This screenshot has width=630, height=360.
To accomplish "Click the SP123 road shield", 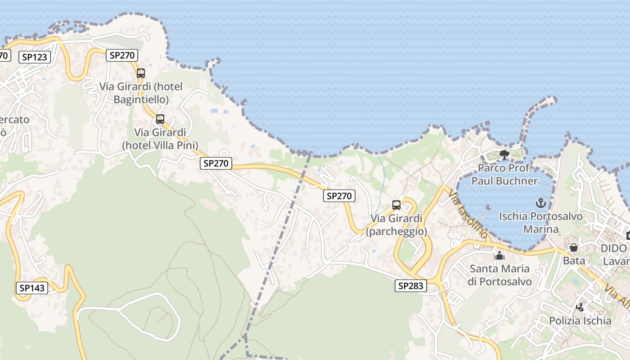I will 35,57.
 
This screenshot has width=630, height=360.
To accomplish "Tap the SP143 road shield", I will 32,288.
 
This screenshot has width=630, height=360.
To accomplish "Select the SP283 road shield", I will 411,286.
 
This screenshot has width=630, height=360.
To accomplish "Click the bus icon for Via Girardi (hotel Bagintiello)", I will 141,73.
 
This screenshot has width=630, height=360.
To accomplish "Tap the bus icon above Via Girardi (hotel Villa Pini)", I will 160,119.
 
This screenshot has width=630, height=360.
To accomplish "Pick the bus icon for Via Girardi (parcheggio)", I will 396,205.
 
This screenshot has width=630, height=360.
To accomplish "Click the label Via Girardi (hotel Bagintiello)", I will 141,93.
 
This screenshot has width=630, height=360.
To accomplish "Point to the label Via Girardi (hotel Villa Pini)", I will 160,139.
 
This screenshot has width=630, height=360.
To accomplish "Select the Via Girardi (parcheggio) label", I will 396,225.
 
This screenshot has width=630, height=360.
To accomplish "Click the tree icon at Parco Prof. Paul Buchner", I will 504,155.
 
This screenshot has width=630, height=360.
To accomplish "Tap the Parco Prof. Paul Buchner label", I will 504,175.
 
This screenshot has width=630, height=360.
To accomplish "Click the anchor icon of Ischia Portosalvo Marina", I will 541,203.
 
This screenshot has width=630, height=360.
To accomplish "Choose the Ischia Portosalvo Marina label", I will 541,223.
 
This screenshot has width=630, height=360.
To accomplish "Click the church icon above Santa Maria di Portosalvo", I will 499,256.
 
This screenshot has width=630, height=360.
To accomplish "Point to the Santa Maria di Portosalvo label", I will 499,275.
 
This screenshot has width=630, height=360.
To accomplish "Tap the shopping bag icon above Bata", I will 574,247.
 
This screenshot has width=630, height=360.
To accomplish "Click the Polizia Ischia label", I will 580,321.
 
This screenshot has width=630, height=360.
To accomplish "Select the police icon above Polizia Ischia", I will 580,308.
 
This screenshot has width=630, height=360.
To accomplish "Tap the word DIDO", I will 613,248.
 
